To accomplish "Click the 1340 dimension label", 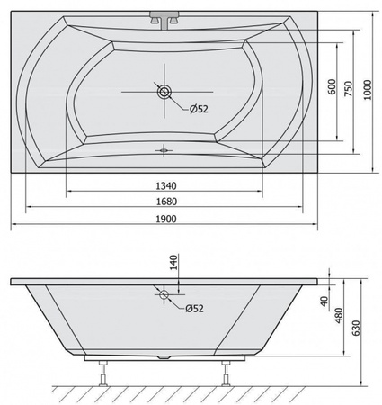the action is [x=166, y=186].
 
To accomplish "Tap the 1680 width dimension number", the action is [x=166, y=202].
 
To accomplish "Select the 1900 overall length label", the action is [x=166, y=219].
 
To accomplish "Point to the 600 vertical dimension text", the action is [x=332, y=87].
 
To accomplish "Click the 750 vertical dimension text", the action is [x=348, y=89].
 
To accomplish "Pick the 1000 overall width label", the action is [x=368, y=90].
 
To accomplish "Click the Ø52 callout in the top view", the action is [x=199, y=109].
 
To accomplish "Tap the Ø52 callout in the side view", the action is [x=194, y=308].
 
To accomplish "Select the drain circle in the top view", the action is [x=164, y=92].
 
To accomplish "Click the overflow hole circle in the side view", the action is [x=164, y=294].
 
